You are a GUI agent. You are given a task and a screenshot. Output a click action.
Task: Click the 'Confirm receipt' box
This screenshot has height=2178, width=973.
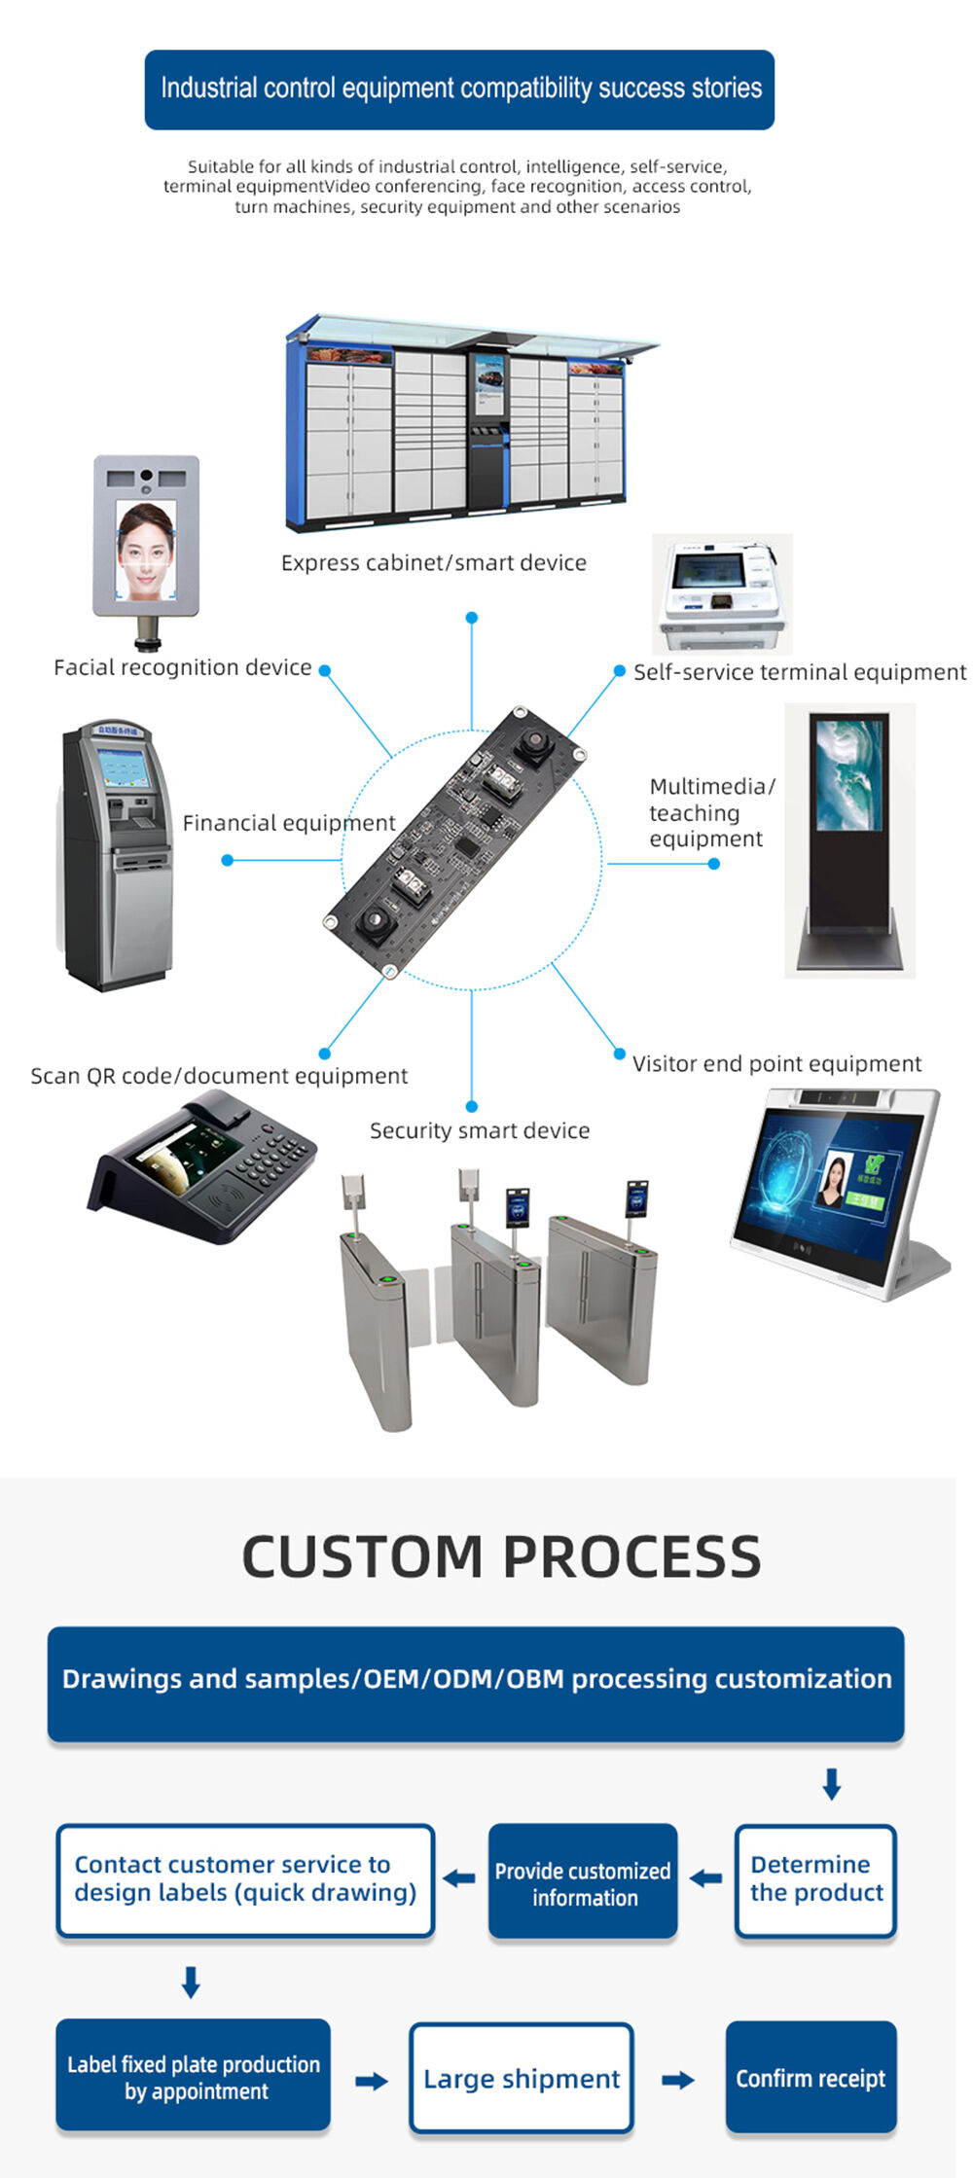[x=811, y=2078]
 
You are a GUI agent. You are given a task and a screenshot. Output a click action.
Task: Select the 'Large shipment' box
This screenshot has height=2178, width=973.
[x=522, y=2078]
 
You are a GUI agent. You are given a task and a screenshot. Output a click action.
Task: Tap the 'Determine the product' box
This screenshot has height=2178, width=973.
[x=815, y=1878]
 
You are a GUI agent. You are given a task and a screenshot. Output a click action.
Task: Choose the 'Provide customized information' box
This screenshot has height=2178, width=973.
[x=583, y=1882]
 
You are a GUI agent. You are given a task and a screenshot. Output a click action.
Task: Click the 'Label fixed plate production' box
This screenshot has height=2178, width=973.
[x=193, y=2076]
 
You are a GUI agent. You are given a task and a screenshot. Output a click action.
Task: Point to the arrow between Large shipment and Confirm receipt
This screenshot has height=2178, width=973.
[x=678, y=2080]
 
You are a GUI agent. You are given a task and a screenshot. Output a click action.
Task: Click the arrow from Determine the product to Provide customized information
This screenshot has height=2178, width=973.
[x=706, y=1878]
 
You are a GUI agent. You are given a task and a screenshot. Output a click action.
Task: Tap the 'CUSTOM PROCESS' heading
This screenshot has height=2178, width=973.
[x=501, y=1556]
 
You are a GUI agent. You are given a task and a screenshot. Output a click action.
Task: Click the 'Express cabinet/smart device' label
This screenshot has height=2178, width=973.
[x=434, y=562]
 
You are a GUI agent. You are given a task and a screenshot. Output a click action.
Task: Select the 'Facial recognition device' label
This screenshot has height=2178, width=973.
[x=183, y=667]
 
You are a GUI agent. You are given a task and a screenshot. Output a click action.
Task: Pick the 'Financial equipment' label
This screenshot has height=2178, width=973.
[x=289, y=823]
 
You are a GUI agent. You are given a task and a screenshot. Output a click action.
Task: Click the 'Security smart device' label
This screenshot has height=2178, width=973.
[x=480, y=1130]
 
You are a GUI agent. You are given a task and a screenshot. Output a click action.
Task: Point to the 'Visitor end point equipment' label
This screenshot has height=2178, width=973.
[x=776, y=1063]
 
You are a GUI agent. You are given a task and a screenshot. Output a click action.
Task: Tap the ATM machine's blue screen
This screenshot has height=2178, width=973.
[x=124, y=768]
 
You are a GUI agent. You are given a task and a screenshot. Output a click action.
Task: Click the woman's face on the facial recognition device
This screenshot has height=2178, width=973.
[x=146, y=547]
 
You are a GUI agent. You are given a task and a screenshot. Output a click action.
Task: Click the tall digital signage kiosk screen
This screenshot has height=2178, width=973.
[x=849, y=774]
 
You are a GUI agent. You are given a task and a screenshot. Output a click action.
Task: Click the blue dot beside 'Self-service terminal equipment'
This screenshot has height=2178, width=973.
[x=619, y=671]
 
